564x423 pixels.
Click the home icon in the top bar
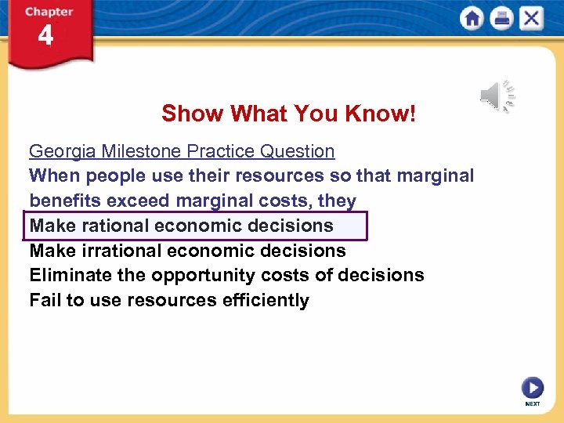(472, 18)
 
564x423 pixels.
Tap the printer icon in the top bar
(501, 18)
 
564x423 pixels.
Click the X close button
(532, 18)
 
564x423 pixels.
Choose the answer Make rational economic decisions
(182, 226)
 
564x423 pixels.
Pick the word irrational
(118, 251)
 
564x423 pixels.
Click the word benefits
(65, 201)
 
